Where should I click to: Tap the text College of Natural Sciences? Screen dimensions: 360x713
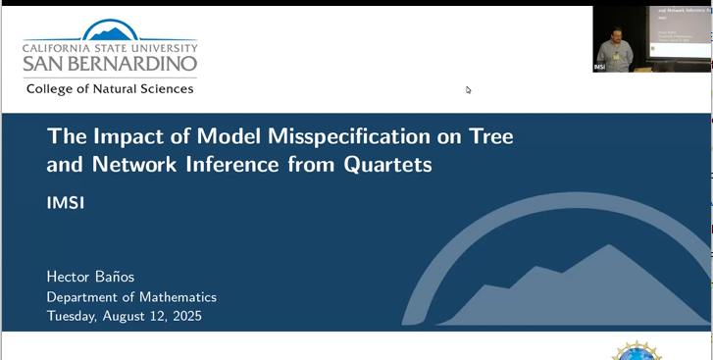[110, 88]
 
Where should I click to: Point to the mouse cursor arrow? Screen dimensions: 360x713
[469, 89]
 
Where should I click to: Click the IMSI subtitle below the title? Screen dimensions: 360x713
[64, 203]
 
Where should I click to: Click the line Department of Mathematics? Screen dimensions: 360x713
[131, 296]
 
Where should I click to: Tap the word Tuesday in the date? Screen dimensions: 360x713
[77, 316]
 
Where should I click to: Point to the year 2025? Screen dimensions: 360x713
[183, 316]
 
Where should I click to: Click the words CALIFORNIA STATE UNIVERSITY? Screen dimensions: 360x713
[110, 46]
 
